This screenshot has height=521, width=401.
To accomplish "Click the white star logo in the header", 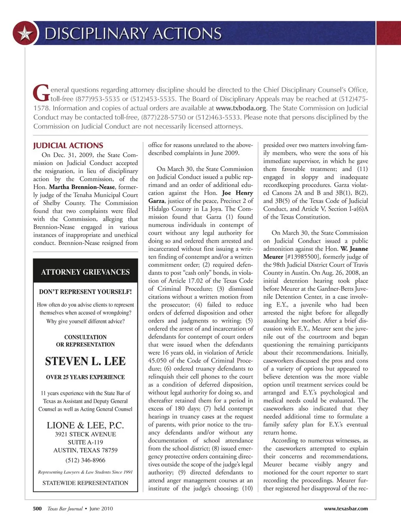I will coord(25,33).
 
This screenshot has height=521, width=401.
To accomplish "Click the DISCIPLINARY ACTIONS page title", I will coord(133,33).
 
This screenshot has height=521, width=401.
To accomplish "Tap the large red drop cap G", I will coord(41,93).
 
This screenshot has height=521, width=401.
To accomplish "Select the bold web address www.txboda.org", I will coord(241,108).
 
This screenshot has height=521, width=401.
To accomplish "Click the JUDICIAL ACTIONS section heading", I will coord(68,145).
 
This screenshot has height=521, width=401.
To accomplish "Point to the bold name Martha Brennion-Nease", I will coord(82,187).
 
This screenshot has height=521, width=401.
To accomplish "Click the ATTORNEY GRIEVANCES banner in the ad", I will coord(85,272).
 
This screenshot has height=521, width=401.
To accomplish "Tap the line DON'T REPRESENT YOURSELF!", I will coord(85,292).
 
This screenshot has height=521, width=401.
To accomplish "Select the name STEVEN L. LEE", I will coord(85,361).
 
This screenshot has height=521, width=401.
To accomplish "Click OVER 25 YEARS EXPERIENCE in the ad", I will coord(85,377).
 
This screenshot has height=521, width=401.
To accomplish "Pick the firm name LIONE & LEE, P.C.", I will coord(85,425).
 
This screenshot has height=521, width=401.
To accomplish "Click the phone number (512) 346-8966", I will coord(85,460).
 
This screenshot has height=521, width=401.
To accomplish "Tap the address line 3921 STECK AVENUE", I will coord(85,434).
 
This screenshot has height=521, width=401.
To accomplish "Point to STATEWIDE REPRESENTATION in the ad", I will coord(85,483).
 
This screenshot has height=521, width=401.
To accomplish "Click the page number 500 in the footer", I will coord(37,508).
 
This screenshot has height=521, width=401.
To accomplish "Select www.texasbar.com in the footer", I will coord(346,508).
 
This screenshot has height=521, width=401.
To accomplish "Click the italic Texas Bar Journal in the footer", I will coord(65,508).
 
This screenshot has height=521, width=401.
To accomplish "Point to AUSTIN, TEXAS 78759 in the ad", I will coord(85,450).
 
